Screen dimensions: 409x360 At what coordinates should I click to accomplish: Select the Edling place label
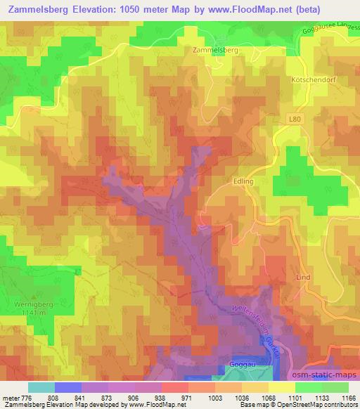coord(243,181)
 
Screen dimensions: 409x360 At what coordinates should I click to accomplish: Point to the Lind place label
coord(303,278)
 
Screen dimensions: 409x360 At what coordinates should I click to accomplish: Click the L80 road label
coord(295,120)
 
